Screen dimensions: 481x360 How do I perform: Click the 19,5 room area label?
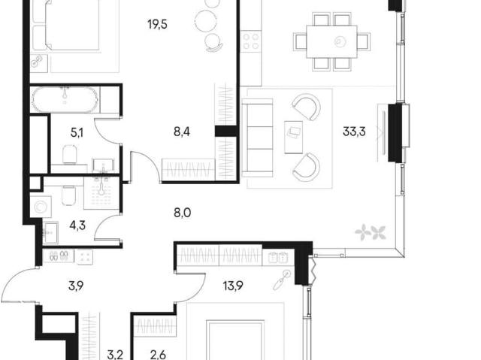click(x=157, y=24)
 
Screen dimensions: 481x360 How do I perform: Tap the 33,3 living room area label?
click(x=354, y=132)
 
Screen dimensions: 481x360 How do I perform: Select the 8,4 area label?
click(x=182, y=132)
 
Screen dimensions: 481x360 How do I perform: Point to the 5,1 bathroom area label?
click(x=77, y=133)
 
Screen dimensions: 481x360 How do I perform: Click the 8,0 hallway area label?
click(x=183, y=212)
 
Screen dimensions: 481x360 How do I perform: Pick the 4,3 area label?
click(x=77, y=225)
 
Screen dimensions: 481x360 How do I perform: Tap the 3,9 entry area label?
click(x=76, y=286)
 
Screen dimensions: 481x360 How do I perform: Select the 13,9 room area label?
click(x=233, y=286)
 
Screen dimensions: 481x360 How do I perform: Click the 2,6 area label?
click(x=159, y=355)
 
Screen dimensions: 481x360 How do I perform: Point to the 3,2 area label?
click(x=115, y=355)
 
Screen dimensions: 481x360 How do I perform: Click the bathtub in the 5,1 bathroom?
click(x=65, y=100)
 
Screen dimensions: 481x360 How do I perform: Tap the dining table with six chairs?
click(x=331, y=41)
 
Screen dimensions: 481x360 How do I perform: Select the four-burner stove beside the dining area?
click(x=251, y=41)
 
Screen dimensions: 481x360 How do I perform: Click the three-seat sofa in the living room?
click(x=257, y=138)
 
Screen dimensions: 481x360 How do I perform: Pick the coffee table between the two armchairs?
click(x=294, y=137)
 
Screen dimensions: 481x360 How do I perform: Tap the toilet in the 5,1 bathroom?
click(x=70, y=154)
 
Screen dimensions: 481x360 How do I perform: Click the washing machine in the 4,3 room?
click(x=41, y=207)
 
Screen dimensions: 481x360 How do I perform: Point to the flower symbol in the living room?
click(x=371, y=231)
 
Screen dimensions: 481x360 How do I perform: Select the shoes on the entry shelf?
click(x=59, y=256)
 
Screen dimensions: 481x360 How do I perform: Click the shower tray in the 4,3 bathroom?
click(x=101, y=193)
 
